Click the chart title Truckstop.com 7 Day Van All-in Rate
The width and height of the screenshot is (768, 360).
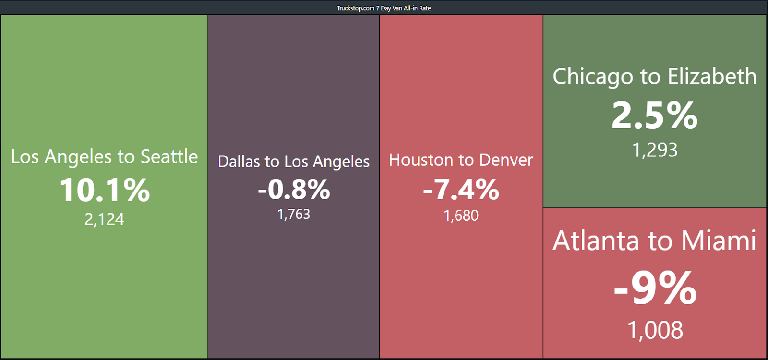(384, 8)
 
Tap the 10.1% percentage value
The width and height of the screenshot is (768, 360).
(105, 190)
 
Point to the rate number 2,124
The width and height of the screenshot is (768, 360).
(105, 219)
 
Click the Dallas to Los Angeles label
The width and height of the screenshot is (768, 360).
(293, 162)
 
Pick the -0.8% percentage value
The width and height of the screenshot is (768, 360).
(294, 189)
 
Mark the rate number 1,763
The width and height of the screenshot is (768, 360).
(294, 214)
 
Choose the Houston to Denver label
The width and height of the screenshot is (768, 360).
(461, 160)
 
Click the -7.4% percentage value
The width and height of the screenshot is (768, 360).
(461, 189)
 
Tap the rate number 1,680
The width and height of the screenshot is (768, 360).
(461, 216)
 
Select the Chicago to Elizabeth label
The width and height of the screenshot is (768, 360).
(655, 76)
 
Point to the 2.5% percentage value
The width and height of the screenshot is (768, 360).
(655, 115)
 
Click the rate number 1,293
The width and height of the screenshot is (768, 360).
(655, 150)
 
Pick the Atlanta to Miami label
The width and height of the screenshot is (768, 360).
(655, 240)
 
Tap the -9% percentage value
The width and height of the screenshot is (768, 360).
(655, 288)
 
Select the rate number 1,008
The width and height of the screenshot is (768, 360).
(655, 330)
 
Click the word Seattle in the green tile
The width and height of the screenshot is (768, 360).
(169, 156)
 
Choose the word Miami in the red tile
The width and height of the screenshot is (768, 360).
(719, 240)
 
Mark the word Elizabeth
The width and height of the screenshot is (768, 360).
(712, 76)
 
